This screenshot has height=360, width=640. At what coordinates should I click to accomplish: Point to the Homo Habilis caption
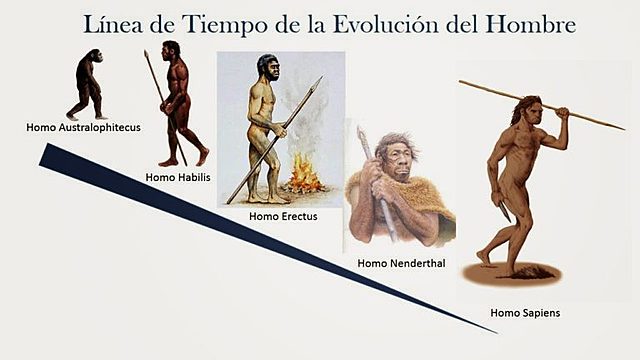click(175, 177)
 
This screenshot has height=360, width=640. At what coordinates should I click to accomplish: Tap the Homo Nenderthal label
click(401, 263)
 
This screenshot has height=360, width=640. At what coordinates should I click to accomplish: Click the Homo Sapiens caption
click(525, 313)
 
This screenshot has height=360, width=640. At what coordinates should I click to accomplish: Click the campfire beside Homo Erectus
click(304, 177)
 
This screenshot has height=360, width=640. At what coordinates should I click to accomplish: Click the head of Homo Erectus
click(268, 69)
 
